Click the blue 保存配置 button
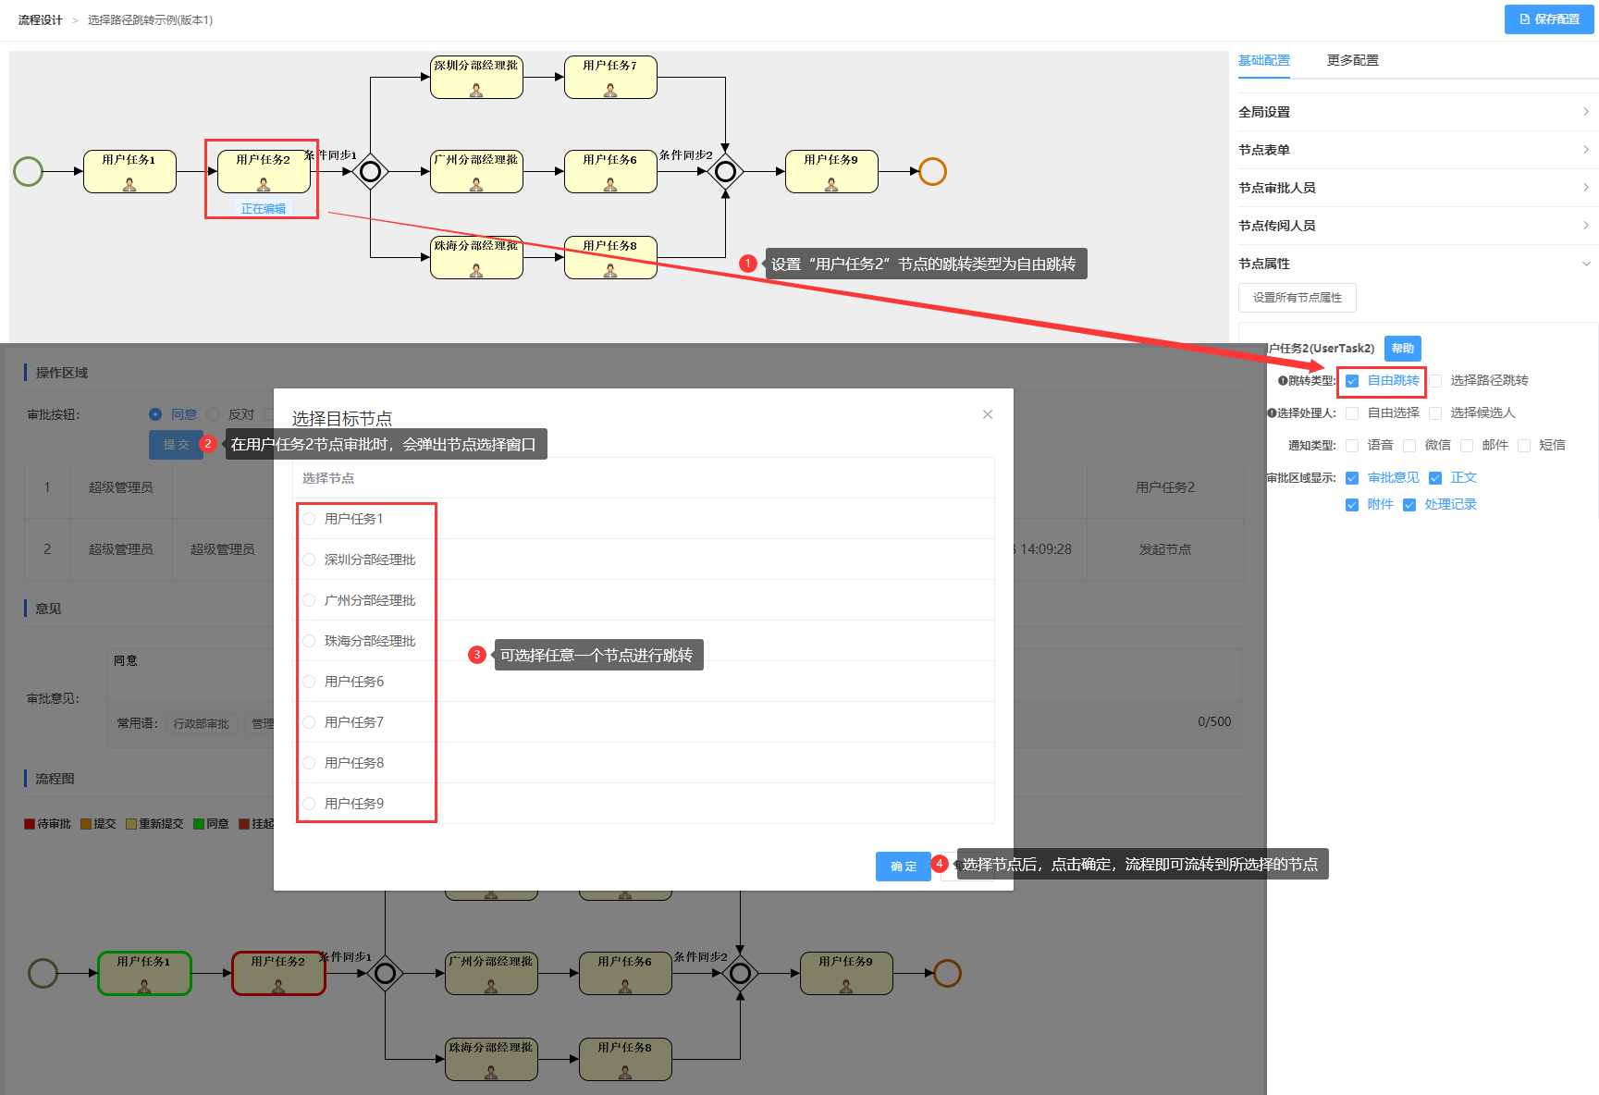pyautogui.click(x=1549, y=19)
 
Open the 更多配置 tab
pyautogui.click(x=1352, y=60)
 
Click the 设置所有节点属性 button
pyautogui.click(x=1297, y=298)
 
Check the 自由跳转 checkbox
pyautogui.click(x=1352, y=381)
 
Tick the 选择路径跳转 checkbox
pyautogui.click(x=1435, y=381)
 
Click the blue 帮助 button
pyautogui.click(x=1402, y=349)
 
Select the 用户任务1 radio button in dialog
pyautogui.click(x=309, y=519)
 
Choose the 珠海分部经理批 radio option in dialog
pyautogui.click(x=309, y=641)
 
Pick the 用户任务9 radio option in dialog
pyautogui.click(x=309, y=804)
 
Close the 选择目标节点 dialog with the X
pyautogui.click(x=988, y=414)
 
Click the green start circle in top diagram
pyautogui.click(x=29, y=171)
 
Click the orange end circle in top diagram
pyautogui.click(x=932, y=171)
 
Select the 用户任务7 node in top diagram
pyautogui.click(x=610, y=77)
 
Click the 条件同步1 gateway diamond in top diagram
pyautogui.click(x=371, y=171)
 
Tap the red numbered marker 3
pyautogui.click(x=477, y=655)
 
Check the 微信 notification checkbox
pyautogui.click(x=1409, y=446)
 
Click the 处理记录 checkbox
pyautogui.click(x=1409, y=505)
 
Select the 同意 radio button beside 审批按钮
pyautogui.click(x=155, y=414)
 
